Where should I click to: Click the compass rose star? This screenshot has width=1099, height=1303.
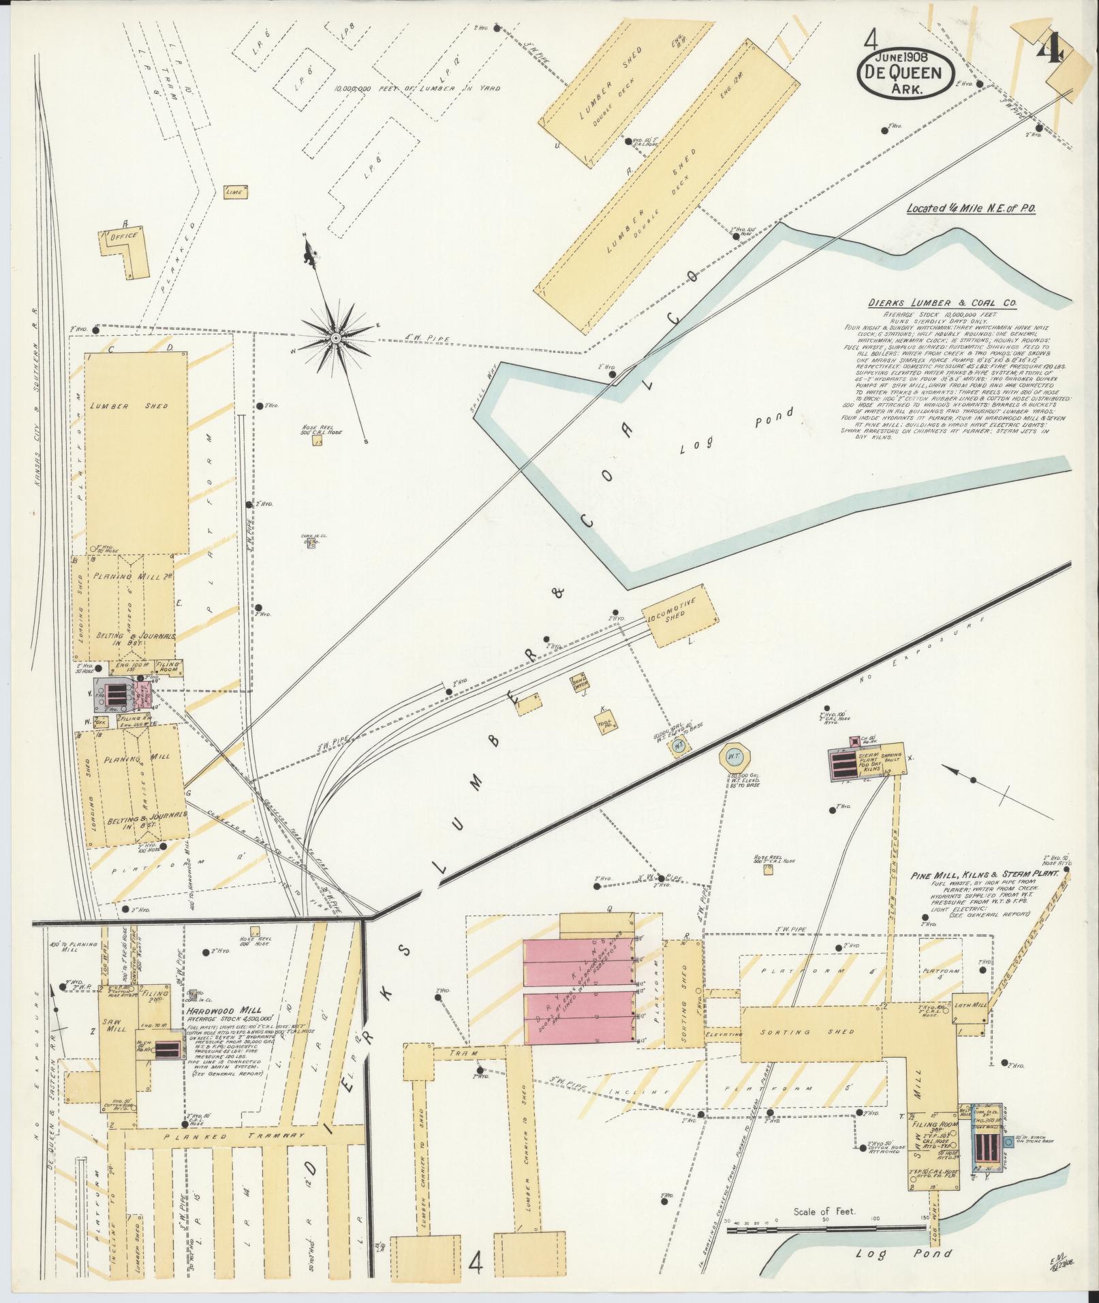pos(336,338)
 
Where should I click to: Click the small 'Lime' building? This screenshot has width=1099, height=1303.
pos(236,192)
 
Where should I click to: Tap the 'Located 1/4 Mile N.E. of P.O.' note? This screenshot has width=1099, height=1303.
pos(971,210)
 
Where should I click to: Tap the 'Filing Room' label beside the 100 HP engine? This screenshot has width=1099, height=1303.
pos(170,666)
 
